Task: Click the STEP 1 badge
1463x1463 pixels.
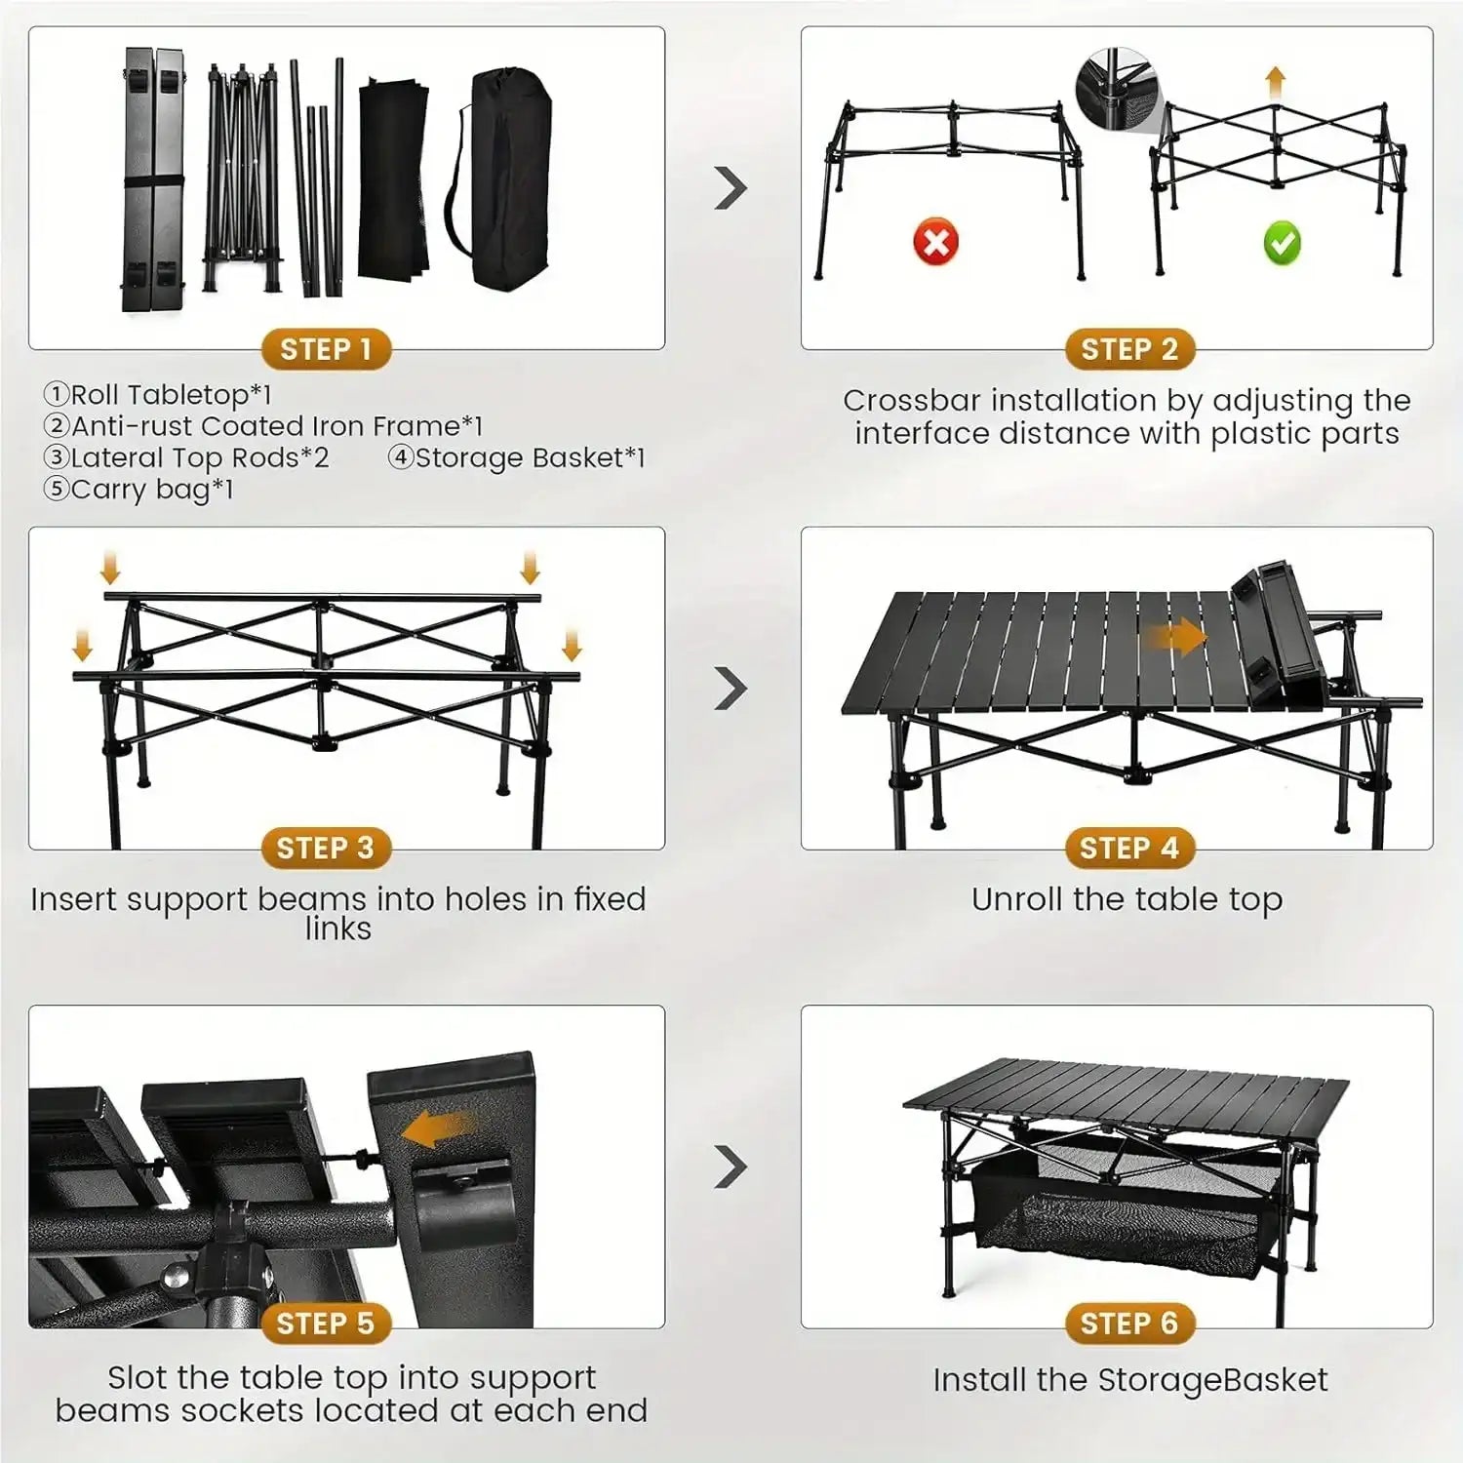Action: click(326, 349)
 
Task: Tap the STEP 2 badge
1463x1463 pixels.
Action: click(1129, 349)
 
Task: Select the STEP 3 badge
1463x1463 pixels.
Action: click(326, 849)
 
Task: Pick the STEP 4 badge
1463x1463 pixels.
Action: click(1129, 849)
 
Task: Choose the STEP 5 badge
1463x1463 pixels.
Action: click(326, 1324)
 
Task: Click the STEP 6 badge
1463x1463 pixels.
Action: click(1129, 1324)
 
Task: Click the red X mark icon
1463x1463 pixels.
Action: click(935, 241)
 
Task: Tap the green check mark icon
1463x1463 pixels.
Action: click(1282, 243)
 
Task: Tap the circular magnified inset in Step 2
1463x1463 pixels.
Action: click(1116, 88)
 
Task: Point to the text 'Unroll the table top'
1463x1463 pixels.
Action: click(1127, 899)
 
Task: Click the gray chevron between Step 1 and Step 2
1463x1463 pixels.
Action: click(731, 188)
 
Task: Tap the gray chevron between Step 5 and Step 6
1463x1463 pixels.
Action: click(731, 1166)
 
